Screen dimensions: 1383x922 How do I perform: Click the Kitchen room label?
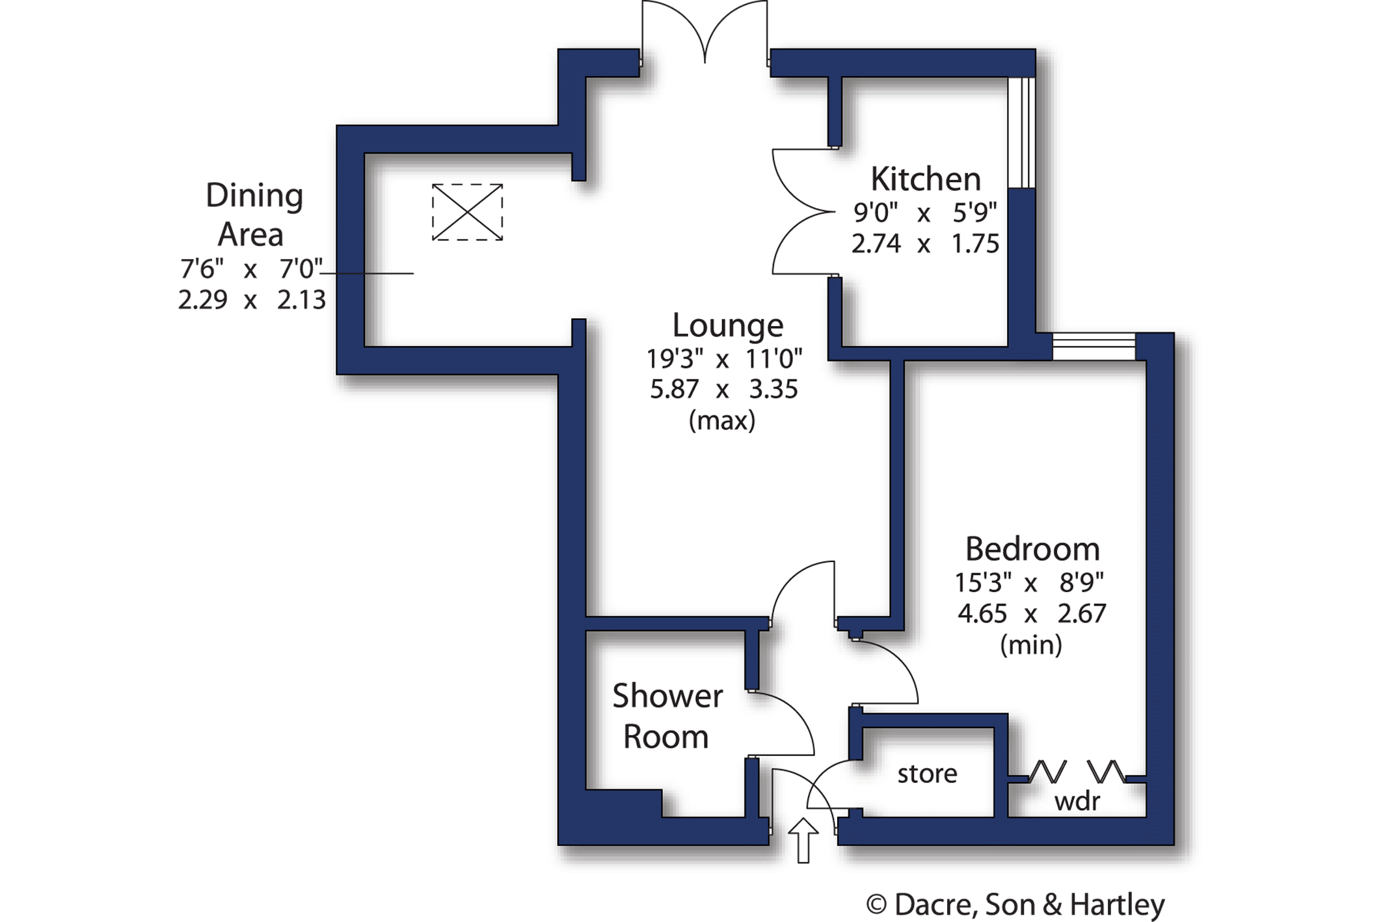[x=925, y=179]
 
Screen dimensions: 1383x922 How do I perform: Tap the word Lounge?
[x=727, y=325]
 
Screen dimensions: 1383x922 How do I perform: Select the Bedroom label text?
[x=1032, y=549]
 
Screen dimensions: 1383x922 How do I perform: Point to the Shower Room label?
[x=667, y=716]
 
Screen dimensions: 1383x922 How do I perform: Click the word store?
[x=927, y=774]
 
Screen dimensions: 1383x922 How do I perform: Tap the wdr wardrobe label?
[x=1077, y=801]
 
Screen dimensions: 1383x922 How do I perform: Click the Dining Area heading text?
[x=253, y=215]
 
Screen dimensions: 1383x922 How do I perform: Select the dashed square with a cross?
[x=467, y=212]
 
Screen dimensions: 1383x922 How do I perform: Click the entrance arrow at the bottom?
[x=803, y=840]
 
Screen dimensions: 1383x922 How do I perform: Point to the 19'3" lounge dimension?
[x=675, y=359]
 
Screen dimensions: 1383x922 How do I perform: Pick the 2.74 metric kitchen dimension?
[x=876, y=243]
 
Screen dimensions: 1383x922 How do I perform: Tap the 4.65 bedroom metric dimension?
[x=982, y=613]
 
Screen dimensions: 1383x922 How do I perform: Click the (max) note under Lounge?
[x=722, y=420]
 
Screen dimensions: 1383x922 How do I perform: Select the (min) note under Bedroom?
[x=1031, y=645]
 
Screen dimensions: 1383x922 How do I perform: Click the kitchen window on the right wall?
[x=1021, y=133]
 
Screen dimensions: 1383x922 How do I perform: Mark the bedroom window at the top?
[x=1094, y=346]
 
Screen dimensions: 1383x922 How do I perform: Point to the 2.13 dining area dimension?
[x=301, y=300]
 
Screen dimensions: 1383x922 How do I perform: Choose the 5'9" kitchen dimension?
[x=974, y=212]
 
